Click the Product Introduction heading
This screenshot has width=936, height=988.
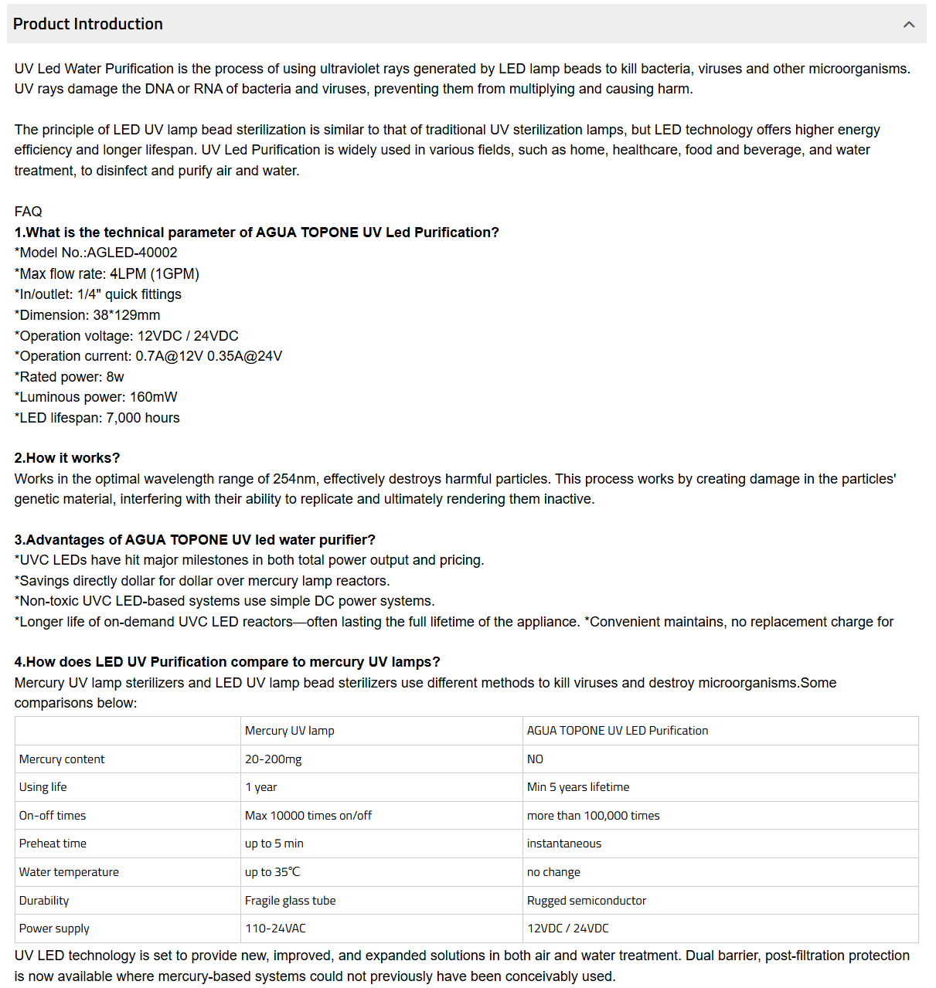point(88,24)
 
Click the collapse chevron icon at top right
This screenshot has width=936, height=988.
point(909,25)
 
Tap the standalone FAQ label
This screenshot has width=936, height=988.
point(29,212)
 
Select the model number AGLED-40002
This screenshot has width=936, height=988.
point(132,253)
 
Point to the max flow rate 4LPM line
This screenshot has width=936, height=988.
point(107,273)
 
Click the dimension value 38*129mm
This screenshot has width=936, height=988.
point(127,315)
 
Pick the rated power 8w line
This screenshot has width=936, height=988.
point(70,377)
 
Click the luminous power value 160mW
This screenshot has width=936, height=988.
point(153,397)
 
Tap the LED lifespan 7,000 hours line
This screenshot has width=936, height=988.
point(97,418)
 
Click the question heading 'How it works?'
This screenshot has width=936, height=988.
point(67,458)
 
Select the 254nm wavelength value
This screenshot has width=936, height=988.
point(294,479)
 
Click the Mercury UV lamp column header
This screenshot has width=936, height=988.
point(290,731)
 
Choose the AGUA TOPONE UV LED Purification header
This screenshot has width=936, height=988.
point(618,731)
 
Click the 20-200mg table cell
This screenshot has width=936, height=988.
point(274,759)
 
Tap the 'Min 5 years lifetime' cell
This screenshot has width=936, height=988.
point(578,787)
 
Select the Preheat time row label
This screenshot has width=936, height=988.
point(53,844)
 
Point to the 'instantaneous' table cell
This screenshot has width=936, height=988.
point(564,844)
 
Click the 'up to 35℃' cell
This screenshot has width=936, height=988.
point(272,872)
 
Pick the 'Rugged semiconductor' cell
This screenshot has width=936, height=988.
point(587,901)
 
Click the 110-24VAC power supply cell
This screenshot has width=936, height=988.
point(275,929)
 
